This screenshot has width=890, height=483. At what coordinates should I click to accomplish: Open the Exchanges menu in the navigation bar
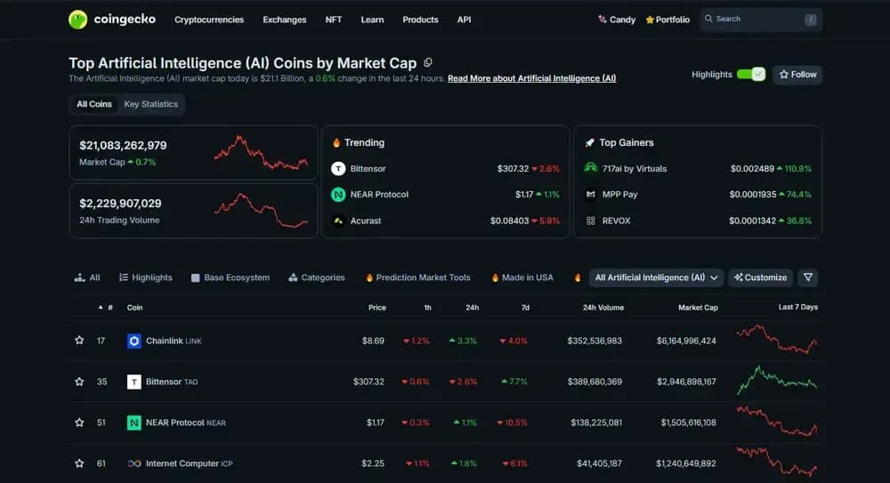284,20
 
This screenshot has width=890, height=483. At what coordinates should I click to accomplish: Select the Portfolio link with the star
667,20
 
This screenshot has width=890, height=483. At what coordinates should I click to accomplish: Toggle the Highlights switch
751,75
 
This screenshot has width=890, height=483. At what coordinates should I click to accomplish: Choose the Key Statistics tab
150,104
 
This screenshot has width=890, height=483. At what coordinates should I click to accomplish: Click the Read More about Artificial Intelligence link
531,78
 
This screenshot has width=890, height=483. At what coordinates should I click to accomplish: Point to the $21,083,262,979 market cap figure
123,145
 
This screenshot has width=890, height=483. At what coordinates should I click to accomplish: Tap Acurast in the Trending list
366,221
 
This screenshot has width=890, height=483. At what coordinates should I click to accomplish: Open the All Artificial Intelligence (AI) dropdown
657,278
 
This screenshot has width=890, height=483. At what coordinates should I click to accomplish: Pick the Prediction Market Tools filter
423,278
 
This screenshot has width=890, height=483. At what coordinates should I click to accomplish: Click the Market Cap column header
698,308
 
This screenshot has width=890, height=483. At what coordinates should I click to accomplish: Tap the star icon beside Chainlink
79,341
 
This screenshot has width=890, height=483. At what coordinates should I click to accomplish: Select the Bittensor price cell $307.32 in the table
368,382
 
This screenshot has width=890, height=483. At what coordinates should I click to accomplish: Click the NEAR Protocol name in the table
175,423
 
